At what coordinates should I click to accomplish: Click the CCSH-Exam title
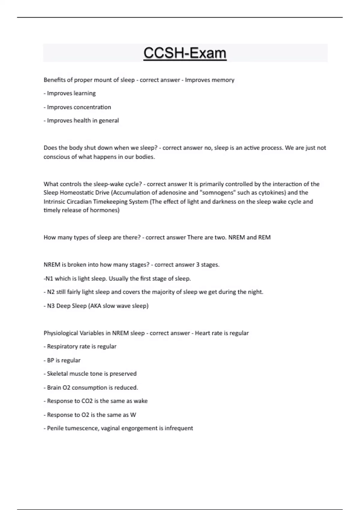point(185,53)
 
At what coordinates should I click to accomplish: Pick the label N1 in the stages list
point(49,279)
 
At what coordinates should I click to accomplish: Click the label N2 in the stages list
point(51,292)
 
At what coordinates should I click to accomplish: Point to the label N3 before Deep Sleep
point(51,306)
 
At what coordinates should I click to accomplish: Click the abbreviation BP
point(50,360)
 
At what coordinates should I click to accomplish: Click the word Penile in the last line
point(55,428)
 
